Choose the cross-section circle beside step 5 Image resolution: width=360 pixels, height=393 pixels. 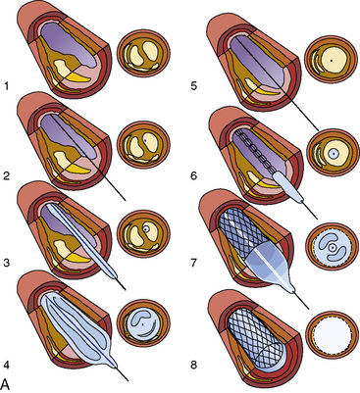(330, 59)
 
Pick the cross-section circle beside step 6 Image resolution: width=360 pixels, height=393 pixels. (331, 155)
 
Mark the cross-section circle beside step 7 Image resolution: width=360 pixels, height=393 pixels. (331, 249)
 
